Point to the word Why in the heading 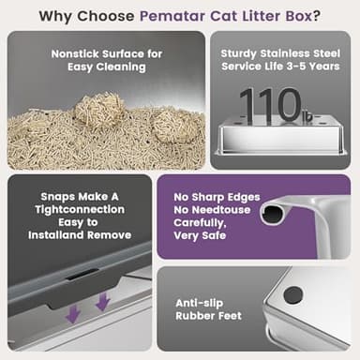point(56,15)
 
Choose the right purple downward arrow point(102,302)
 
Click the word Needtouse point(223,211)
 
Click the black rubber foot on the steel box point(292,294)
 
